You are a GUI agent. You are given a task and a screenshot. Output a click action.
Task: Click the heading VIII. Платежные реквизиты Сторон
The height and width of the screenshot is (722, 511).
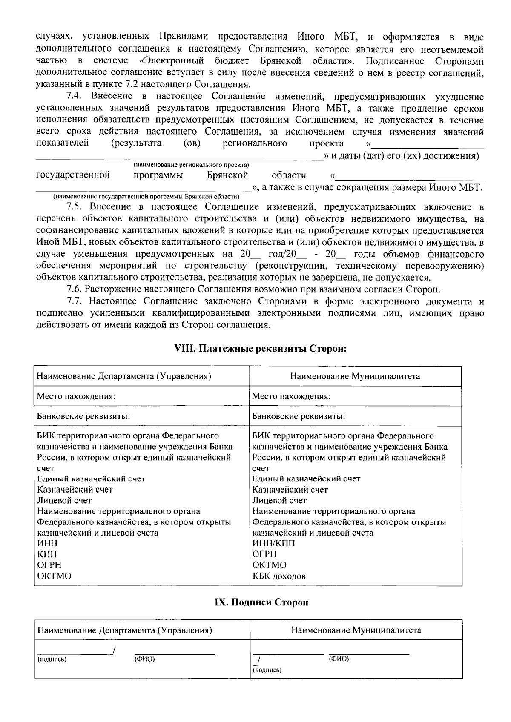coord(260,349)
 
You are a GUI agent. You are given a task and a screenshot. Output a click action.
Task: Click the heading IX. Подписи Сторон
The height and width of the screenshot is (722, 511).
coord(260,602)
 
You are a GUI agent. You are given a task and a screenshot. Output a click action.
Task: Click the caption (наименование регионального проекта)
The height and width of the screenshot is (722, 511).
coord(191,165)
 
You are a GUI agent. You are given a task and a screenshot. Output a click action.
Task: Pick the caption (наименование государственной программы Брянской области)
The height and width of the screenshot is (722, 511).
coord(146,197)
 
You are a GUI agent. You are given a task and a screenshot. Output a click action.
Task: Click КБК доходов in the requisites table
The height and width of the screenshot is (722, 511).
coord(279,576)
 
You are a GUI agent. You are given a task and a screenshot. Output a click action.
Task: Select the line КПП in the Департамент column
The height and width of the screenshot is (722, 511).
coord(47,554)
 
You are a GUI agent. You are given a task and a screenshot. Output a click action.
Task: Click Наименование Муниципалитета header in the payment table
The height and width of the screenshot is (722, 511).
coord(355,376)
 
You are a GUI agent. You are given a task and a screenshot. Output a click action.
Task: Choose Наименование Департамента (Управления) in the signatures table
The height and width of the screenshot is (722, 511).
coord(125,630)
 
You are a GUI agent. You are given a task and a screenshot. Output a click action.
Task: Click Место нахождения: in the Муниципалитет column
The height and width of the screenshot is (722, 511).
coord(291,396)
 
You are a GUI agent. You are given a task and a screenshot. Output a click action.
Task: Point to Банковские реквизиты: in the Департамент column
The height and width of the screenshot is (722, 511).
coord(83,416)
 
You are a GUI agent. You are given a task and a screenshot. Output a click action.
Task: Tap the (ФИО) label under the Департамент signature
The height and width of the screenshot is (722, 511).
coord(145,659)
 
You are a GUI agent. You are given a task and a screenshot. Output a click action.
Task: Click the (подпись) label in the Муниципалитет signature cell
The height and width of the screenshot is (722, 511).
coord(267,670)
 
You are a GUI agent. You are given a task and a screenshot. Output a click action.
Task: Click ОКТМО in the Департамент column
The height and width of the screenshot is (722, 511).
coord(54,576)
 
